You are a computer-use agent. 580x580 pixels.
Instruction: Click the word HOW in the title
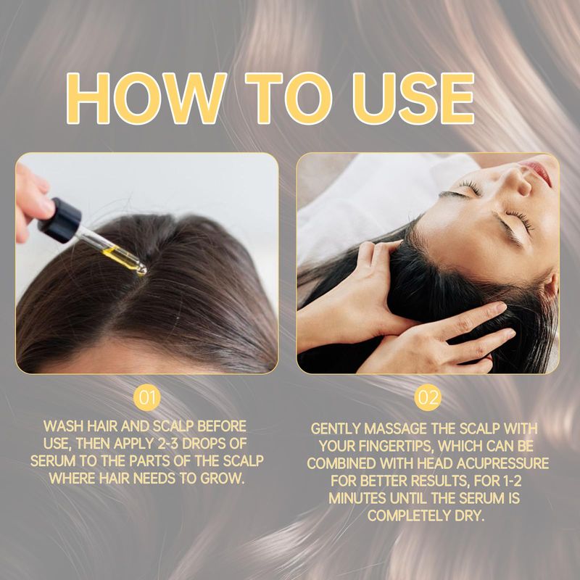point(146,99)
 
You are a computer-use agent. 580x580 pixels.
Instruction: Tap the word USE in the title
point(413,99)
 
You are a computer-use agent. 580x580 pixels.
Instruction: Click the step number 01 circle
point(147,397)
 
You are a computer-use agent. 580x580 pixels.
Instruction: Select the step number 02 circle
point(428,397)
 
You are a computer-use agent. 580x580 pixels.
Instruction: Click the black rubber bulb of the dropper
point(60,220)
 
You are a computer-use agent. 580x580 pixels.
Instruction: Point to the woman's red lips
point(539,171)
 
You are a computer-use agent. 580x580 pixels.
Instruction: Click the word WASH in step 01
point(63,426)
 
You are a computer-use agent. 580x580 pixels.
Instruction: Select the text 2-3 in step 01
point(166,444)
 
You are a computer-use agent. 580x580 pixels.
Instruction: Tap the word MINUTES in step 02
point(357,498)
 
